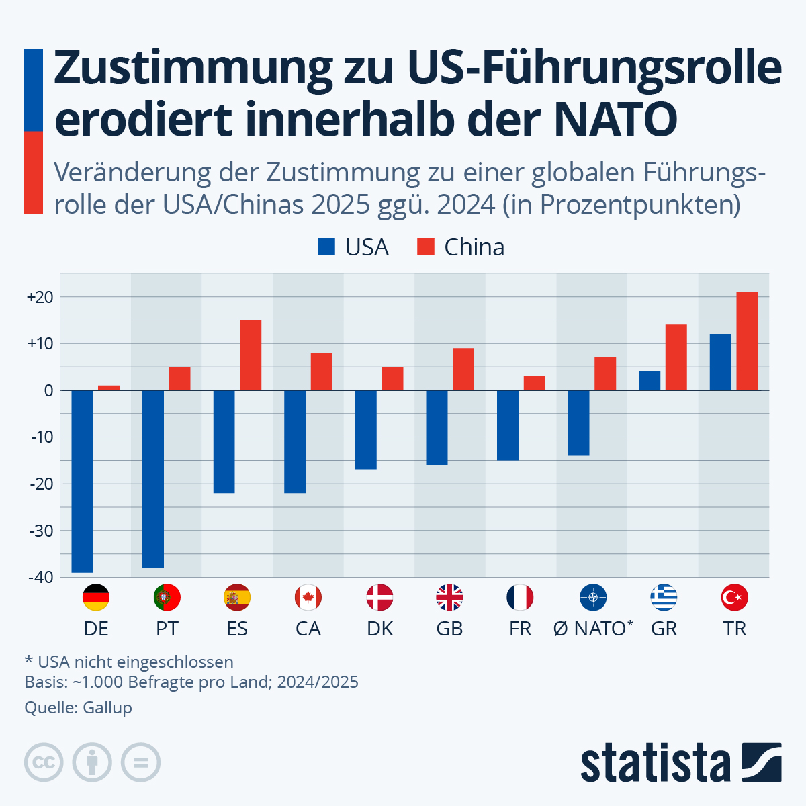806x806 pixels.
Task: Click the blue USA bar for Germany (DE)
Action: click(82, 481)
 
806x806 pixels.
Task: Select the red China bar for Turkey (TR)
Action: click(747, 341)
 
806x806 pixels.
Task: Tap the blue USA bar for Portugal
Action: click(153, 478)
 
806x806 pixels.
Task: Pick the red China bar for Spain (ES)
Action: click(251, 355)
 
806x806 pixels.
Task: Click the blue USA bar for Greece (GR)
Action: click(650, 380)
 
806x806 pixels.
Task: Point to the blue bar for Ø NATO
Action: click(578, 422)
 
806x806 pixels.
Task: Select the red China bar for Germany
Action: click(109, 388)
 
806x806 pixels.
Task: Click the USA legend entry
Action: click(354, 247)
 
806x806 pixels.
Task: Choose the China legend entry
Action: click(461, 247)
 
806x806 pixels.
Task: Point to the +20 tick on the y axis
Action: click(40, 297)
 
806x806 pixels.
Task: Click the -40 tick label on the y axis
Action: click(40, 577)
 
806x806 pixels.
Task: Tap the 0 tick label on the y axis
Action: click(48, 390)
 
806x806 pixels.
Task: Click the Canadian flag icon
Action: click(308, 597)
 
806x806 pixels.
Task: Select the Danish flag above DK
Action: click(379, 597)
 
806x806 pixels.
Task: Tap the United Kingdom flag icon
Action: click(449, 597)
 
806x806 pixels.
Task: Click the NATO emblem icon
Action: click(593, 597)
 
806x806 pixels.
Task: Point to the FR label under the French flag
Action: click(520, 629)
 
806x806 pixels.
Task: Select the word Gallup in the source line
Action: click(107, 707)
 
